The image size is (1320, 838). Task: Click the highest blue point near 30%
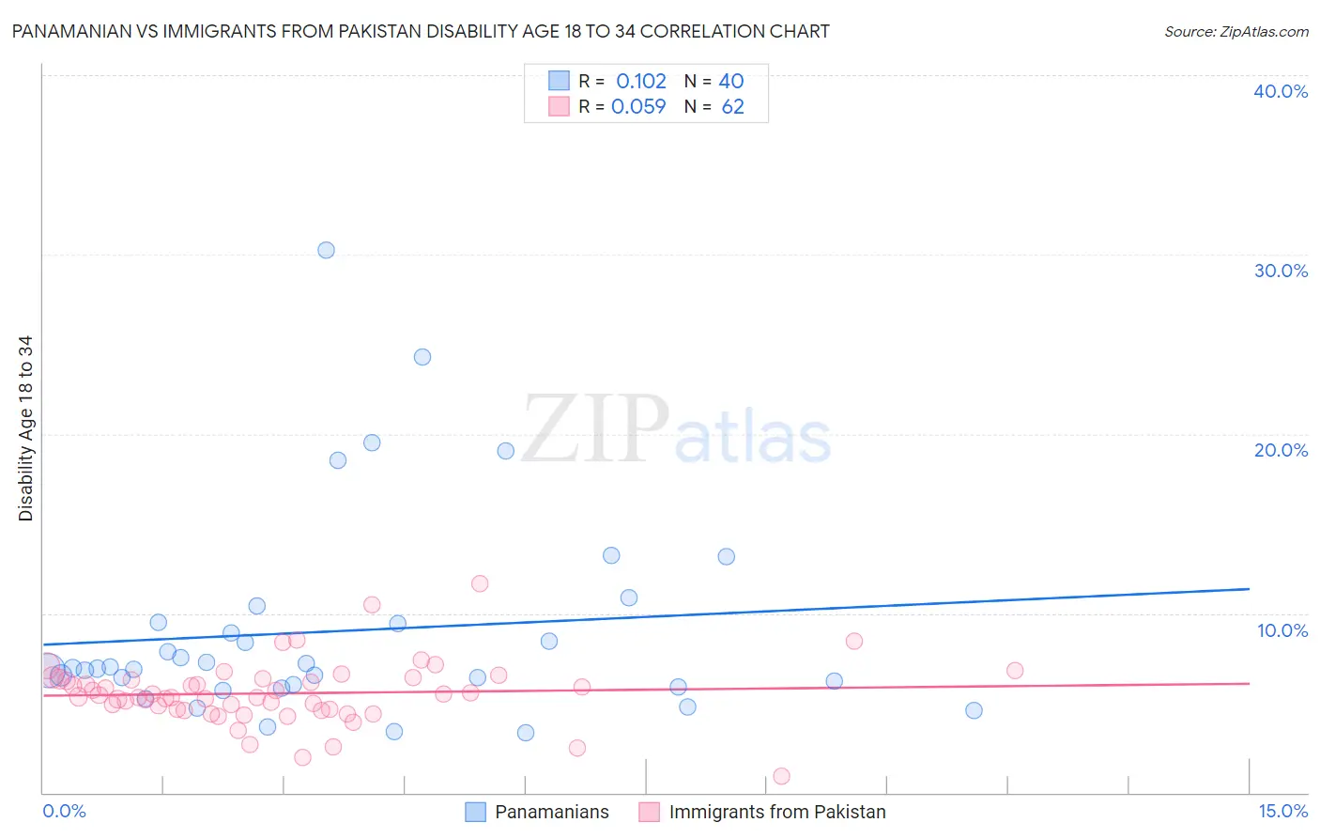(x=326, y=250)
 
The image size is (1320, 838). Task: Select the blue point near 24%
(x=422, y=357)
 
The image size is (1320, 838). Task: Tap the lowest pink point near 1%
(x=781, y=776)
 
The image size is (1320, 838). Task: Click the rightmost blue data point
(x=974, y=710)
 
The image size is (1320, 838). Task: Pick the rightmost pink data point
(x=1015, y=671)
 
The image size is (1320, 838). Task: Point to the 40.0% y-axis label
(x=1281, y=91)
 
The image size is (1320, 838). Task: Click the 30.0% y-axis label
(x=1281, y=271)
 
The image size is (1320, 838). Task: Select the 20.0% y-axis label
(x=1281, y=450)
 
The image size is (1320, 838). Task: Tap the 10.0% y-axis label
(x=1282, y=630)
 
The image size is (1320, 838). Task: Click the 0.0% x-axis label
(x=64, y=812)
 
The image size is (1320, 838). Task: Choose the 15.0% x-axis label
(x=1282, y=812)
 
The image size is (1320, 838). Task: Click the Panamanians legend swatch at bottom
(x=476, y=813)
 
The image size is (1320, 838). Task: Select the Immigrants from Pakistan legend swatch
(x=650, y=813)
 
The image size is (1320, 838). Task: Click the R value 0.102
(x=641, y=82)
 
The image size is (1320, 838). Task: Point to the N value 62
(x=732, y=107)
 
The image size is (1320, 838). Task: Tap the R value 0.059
(x=638, y=107)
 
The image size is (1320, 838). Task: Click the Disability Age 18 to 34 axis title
(x=25, y=428)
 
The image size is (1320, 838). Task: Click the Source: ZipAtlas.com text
(x=1236, y=32)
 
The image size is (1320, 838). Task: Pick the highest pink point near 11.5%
(x=480, y=583)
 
